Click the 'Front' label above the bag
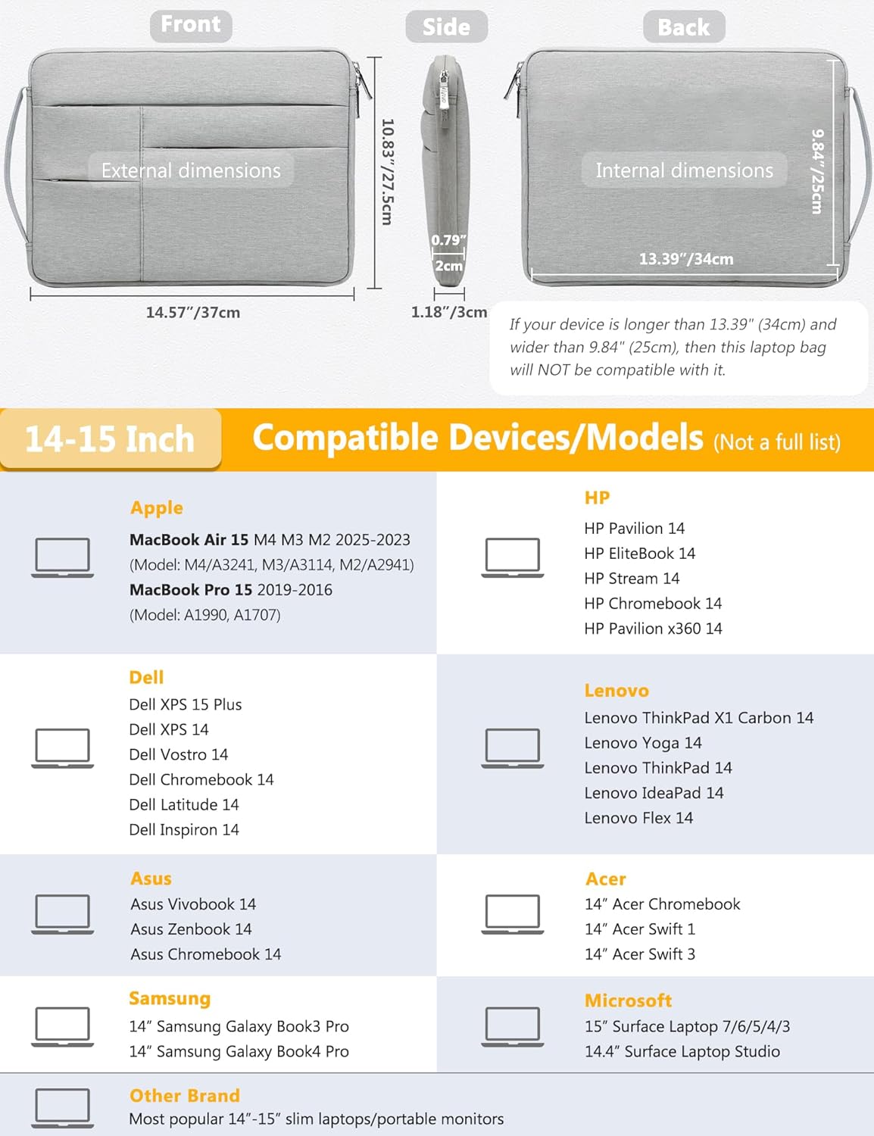tap(191, 25)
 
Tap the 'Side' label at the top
tap(446, 27)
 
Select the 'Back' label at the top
tap(684, 27)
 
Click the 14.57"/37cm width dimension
tap(193, 313)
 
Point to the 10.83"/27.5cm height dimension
tap(387, 172)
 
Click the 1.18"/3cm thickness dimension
tap(449, 312)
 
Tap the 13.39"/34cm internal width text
tap(686, 259)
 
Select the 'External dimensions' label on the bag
tap(191, 170)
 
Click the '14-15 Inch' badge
tap(111, 439)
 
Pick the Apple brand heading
tap(157, 507)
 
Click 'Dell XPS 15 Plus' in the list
tap(186, 704)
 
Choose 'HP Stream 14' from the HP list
tap(632, 578)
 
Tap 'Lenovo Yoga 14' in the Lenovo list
tap(643, 743)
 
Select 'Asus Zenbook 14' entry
tap(192, 929)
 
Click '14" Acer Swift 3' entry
tap(640, 954)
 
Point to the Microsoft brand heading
tap(629, 1000)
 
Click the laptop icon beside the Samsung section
tap(62, 1027)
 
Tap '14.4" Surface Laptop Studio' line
tap(682, 1051)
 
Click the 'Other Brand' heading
tap(185, 1095)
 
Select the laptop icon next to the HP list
tap(512, 557)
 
